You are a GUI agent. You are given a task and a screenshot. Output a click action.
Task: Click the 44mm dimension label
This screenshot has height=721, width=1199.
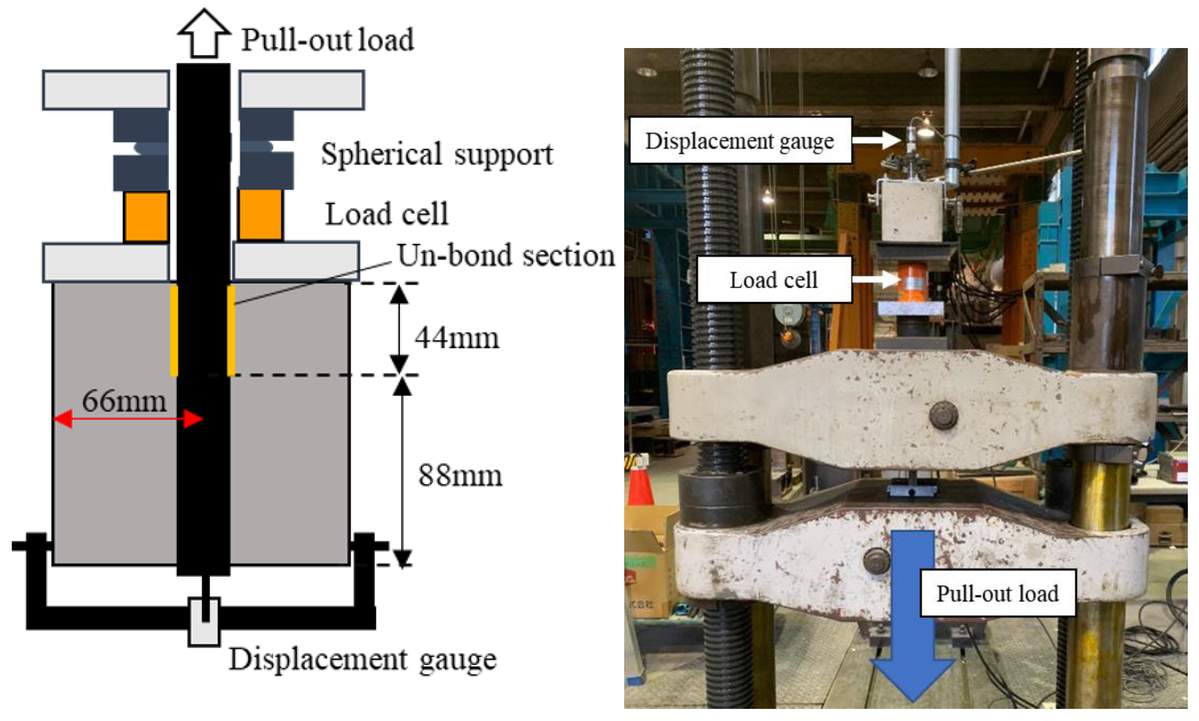coord(456,338)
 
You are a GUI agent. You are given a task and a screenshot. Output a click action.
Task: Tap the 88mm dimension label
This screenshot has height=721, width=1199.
coord(459,475)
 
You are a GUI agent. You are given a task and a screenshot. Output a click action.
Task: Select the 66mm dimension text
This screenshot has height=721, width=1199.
coord(124,402)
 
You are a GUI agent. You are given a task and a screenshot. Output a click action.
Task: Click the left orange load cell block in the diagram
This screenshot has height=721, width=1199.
coord(146,216)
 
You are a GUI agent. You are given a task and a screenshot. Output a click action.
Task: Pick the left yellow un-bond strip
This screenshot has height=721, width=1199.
coord(174,330)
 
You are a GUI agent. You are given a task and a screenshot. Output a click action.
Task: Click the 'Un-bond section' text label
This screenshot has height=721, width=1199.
coord(505,256)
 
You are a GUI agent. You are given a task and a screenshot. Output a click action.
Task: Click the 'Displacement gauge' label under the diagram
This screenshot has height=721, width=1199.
coord(362,660)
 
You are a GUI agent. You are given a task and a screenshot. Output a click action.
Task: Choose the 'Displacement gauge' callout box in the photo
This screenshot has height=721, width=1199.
coord(740,141)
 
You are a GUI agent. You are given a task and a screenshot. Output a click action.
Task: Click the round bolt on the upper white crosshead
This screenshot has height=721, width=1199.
coord(943,416)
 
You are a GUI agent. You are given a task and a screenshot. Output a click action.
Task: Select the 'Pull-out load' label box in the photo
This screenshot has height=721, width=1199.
coord(997,594)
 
